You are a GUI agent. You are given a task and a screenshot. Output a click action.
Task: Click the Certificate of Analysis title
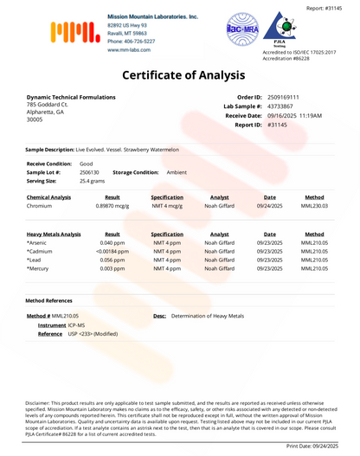[x=180, y=75]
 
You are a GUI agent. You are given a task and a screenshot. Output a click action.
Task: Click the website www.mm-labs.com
[x=131, y=50]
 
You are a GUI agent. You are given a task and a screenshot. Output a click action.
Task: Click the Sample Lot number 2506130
[x=91, y=172]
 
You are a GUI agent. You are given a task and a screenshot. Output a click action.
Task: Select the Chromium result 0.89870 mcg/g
[x=112, y=207]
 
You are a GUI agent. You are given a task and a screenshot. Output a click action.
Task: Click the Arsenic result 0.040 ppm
[x=112, y=244]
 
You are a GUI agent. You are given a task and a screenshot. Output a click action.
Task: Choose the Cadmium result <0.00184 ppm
[x=112, y=253]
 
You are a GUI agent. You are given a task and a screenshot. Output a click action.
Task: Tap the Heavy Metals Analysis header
[x=54, y=234]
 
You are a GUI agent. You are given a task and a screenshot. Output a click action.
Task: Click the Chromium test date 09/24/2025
[x=269, y=207]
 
